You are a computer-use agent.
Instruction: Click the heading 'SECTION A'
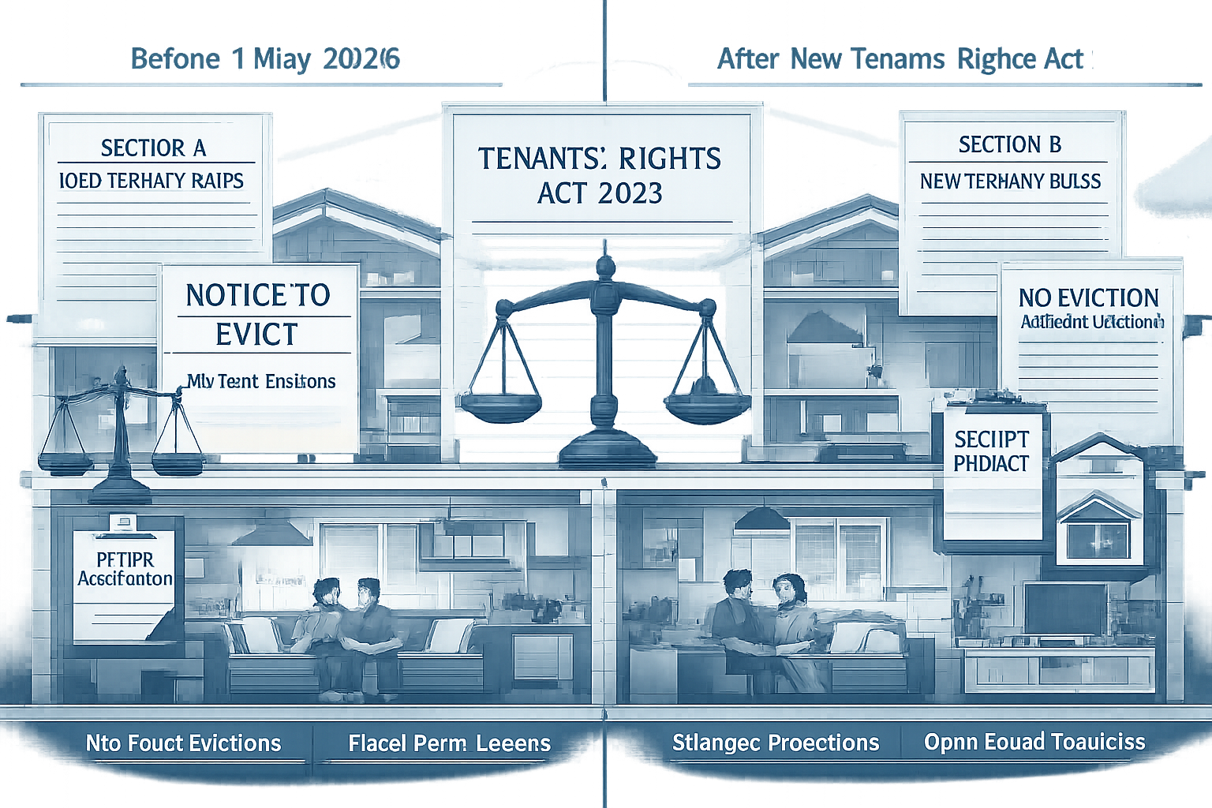click(x=154, y=148)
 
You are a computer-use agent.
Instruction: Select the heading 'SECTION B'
click(x=1010, y=145)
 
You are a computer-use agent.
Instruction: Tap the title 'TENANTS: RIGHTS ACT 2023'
click(x=599, y=175)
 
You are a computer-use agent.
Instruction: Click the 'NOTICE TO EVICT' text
click(x=257, y=314)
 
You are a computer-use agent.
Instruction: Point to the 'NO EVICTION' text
click(x=1089, y=297)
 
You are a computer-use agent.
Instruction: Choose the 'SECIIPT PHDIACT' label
click(x=991, y=451)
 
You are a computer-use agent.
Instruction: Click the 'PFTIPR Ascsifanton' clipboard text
click(x=125, y=568)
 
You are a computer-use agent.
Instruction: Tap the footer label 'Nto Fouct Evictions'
click(x=183, y=743)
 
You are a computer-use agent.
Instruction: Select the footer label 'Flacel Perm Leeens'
click(x=450, y=743)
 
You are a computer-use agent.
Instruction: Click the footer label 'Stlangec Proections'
click(x=776, y=743)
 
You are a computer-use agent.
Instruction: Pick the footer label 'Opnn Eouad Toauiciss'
click(x=1034, y=742)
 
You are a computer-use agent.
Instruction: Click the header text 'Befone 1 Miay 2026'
click(x=265, y=60)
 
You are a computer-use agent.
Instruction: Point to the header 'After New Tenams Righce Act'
click(x=900, y=60)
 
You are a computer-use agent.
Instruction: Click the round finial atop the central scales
click(x=604, y=265)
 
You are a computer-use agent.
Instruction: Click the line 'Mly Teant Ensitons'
click(x=261, y=382)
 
